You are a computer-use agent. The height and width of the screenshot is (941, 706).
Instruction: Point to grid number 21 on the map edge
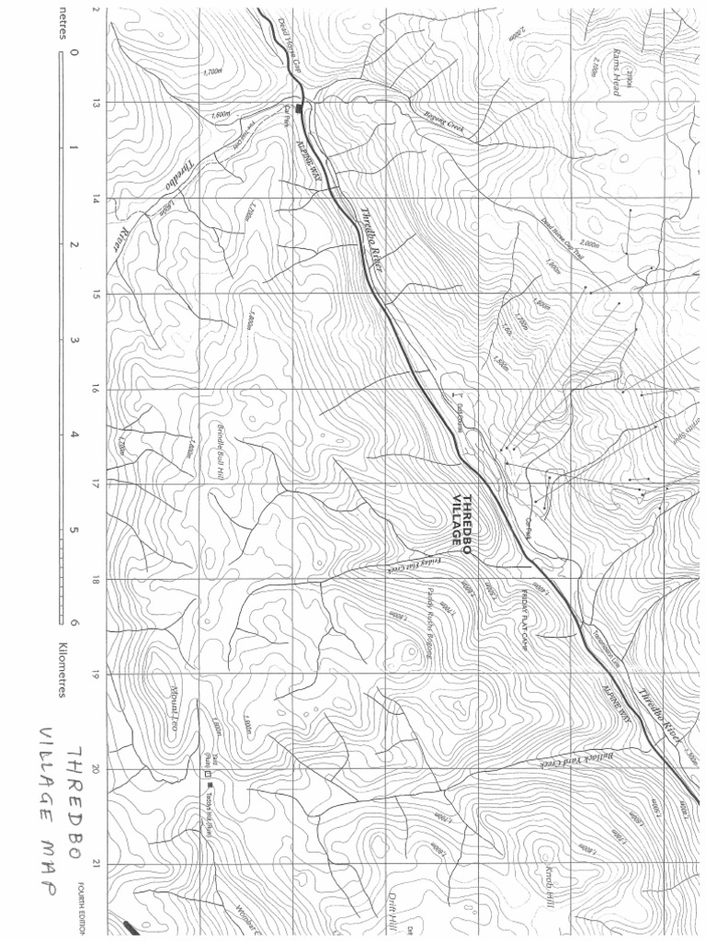click(96, 864)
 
